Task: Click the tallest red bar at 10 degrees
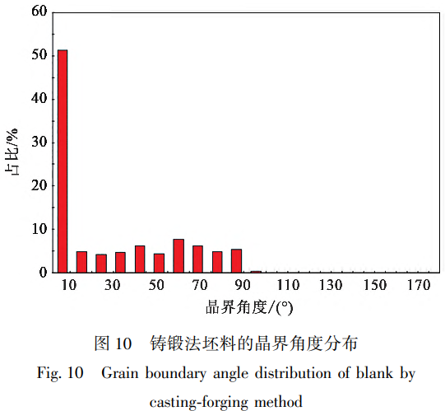point(63,161)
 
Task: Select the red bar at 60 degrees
point(178,256)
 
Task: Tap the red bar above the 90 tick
point(236,260)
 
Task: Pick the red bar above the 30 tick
point(120,263)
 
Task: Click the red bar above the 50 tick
point(159,263)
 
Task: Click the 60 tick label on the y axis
point(37,12)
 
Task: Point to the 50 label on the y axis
point(37,56)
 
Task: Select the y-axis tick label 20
point(37,185)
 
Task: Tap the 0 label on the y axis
point(41,272)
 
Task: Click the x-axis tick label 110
point(288,285)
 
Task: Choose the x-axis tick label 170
point(418,285)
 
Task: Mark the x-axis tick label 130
point(331,285)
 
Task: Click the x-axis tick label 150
point(374,285)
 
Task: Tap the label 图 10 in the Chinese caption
point(113,341)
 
